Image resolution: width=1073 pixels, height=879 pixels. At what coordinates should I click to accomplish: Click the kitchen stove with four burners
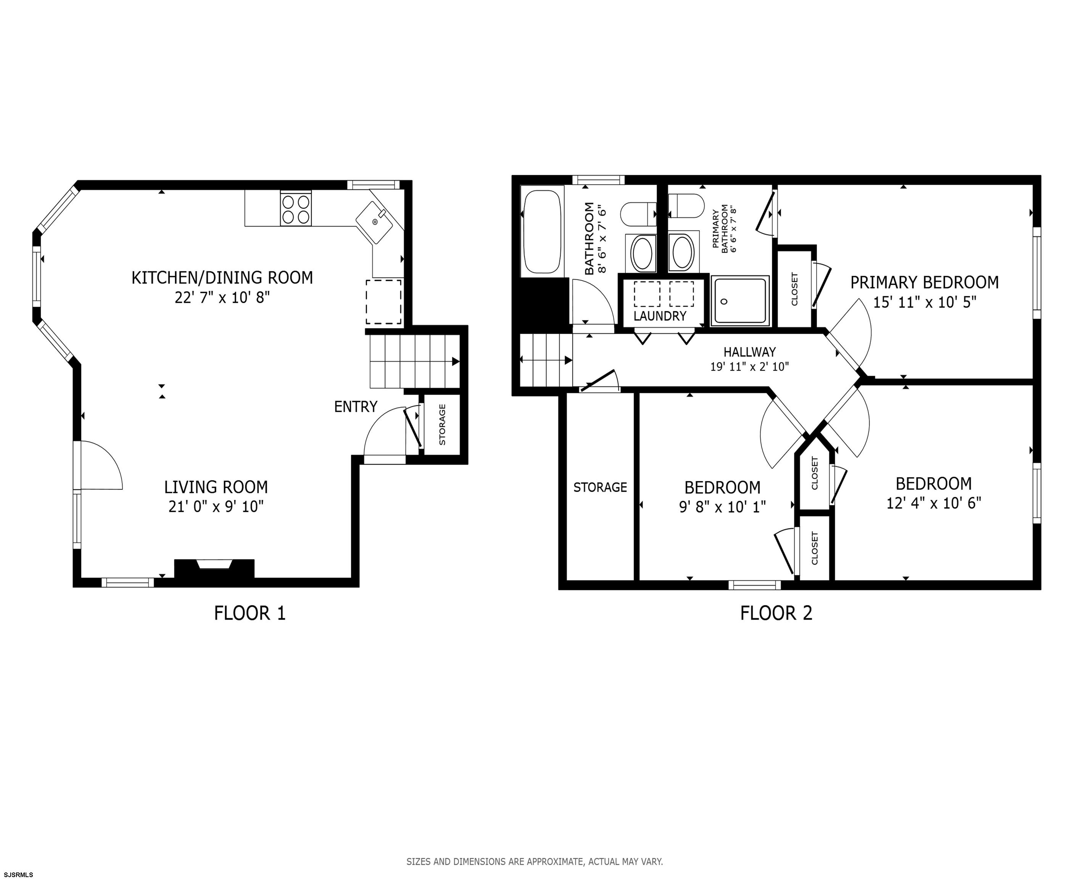[x=296, y=209]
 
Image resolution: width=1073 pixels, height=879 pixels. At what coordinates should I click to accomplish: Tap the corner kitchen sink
[x=374, y=222]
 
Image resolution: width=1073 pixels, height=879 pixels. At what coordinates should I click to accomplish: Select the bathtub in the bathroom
[x=542, y=232]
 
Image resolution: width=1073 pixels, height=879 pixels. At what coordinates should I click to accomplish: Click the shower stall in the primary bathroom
[x=740, y=301]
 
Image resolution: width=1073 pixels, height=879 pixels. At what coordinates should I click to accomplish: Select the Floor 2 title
[x=776, y=613]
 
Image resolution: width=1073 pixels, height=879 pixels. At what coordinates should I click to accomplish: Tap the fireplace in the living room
[x=214, y=568]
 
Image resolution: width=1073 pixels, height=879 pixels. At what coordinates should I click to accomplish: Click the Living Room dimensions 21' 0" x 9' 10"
[x=216, y=506]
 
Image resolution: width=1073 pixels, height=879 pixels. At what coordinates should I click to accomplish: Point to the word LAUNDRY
[x=660, y=316]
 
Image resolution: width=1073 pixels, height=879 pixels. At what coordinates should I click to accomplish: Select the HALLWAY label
[x=749, y=352]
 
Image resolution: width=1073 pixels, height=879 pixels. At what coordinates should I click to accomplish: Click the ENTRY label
[x=356, y=407]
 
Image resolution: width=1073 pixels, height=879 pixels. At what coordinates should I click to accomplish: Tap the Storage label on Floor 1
[x=442, y=424]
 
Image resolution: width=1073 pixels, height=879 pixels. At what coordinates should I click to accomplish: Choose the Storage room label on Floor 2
[x=600, y=487]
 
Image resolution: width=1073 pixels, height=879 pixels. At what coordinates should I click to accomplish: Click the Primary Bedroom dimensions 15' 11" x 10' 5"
[x=925, y=302]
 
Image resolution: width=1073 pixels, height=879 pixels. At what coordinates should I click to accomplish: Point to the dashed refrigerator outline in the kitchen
[x=384, y=302]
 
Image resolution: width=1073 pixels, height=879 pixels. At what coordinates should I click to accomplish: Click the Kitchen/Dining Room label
[x=222, y=277]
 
